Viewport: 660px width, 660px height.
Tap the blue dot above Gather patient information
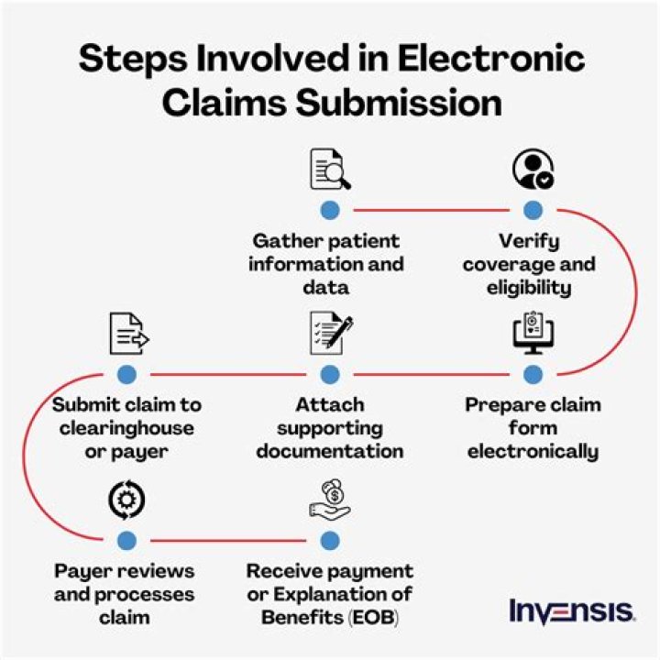click(x=330, y=210)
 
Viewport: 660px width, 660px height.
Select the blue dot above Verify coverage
click(x=533, y=210)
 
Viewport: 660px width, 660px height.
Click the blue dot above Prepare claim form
click(x=533, y=374)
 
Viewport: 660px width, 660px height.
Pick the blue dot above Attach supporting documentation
click(x=330, y=374)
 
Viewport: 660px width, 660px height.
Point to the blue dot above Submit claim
click(x=127, y=374)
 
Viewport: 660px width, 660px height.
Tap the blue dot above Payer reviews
click(x=127, y=540)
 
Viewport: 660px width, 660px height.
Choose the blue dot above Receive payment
click(x=330, y=540)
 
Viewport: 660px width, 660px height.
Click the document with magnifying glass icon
click(x=329, y=170)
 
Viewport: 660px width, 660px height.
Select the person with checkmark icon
click(x=533, y=170)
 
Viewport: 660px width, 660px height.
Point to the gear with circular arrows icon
click(x=127, y=500)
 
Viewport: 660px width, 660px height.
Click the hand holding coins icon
click(x=330, y=500)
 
